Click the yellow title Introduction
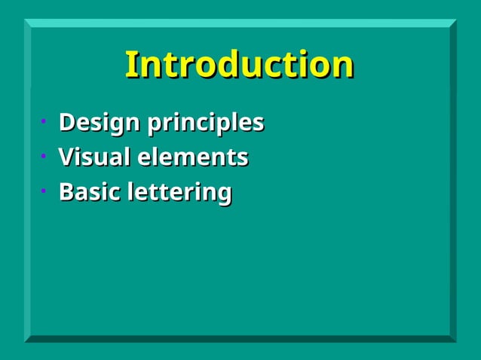(239, 65)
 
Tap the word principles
(205, 123)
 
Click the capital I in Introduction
(130, 65)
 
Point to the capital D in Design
(67, 122)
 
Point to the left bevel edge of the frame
(27, 181)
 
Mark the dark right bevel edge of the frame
(452, 181)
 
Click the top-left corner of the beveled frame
(26, 21)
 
